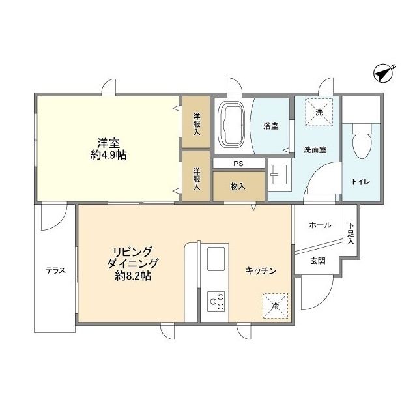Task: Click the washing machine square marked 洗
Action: tap(319, 112)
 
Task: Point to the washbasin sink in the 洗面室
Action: tap(281, 174)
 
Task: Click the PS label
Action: tap(239, 164)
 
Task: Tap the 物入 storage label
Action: tap(238, 186)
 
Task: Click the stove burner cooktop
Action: tap(216, 302)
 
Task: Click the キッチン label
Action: tap(261, 270)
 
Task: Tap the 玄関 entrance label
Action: tap(317, 261)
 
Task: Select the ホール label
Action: tap(319, 225)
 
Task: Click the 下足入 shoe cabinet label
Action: tap(351, 233)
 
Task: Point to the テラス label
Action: tap(55, 270)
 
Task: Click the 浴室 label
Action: tap(270, 126)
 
